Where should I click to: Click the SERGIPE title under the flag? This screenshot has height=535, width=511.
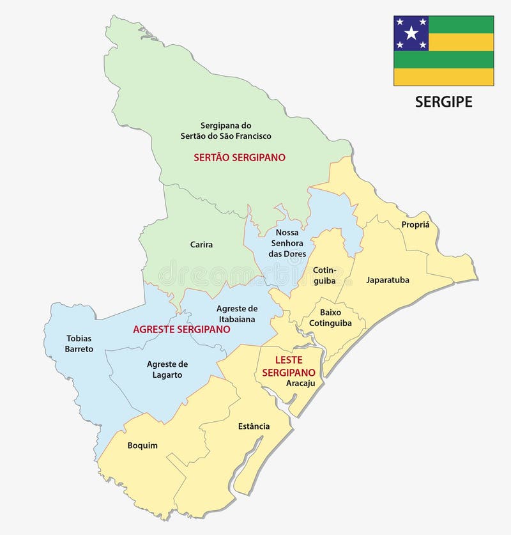pyautogui.click(x=443, y=102)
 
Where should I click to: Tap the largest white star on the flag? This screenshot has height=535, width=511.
pyautogui.click(x=411, y=33)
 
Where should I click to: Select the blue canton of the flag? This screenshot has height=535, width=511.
pyautogui.click(x=411, y=33)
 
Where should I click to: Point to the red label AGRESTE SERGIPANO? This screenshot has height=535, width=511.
pyautogui.click(x=181, y=329)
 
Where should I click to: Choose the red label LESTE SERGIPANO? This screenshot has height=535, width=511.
pyautogui.click(x=294, y=366)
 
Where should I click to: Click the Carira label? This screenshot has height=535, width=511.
pyautogui.click(x=201, y=244)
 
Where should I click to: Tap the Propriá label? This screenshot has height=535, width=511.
pyautogui.click(x=415, y=224)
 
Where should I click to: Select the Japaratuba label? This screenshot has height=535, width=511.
pyautogui.click(x=387, y=280)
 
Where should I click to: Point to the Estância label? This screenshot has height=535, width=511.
pyautogui.click(x=254, y=426)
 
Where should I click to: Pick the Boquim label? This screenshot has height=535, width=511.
pyautogui.click(x=142, y=446)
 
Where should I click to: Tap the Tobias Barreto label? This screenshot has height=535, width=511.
pyautogui.click(x=79, y=343)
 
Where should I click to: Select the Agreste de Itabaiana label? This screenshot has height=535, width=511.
pyautogui.click(x=236, y=313)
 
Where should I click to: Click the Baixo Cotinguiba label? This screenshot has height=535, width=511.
pyautogui.click(x=330, y=318)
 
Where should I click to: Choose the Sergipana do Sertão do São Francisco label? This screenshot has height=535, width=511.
pyautogui.click(x=227, y=130)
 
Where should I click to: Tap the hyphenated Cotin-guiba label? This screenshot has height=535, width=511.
pyautogui.click(x=324, y=275)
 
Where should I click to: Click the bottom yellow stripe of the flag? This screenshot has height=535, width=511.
pyautogui.click(x=443, y=77)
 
